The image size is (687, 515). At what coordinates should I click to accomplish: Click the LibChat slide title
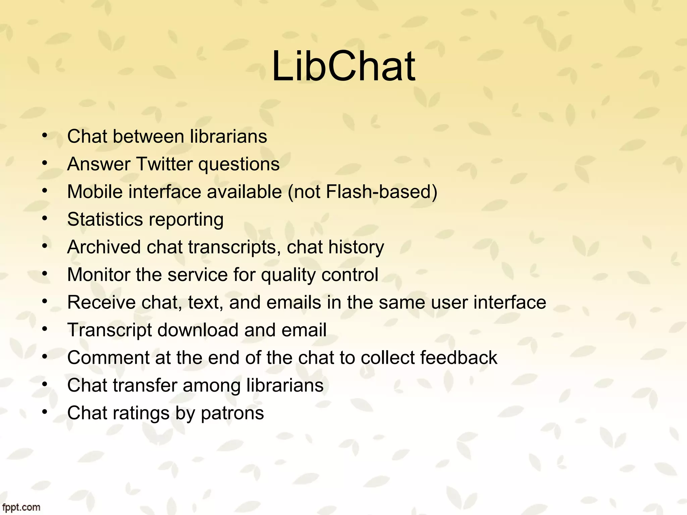(343, 66)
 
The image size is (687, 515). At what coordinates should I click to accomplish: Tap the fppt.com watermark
(21, 507)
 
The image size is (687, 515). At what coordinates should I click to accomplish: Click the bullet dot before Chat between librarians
(45, 135)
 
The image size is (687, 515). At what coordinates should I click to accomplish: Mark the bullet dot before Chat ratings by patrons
(45, 412)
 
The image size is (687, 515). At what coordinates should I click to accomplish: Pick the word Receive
(101, 302)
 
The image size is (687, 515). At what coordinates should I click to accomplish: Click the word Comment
(108, 357)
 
